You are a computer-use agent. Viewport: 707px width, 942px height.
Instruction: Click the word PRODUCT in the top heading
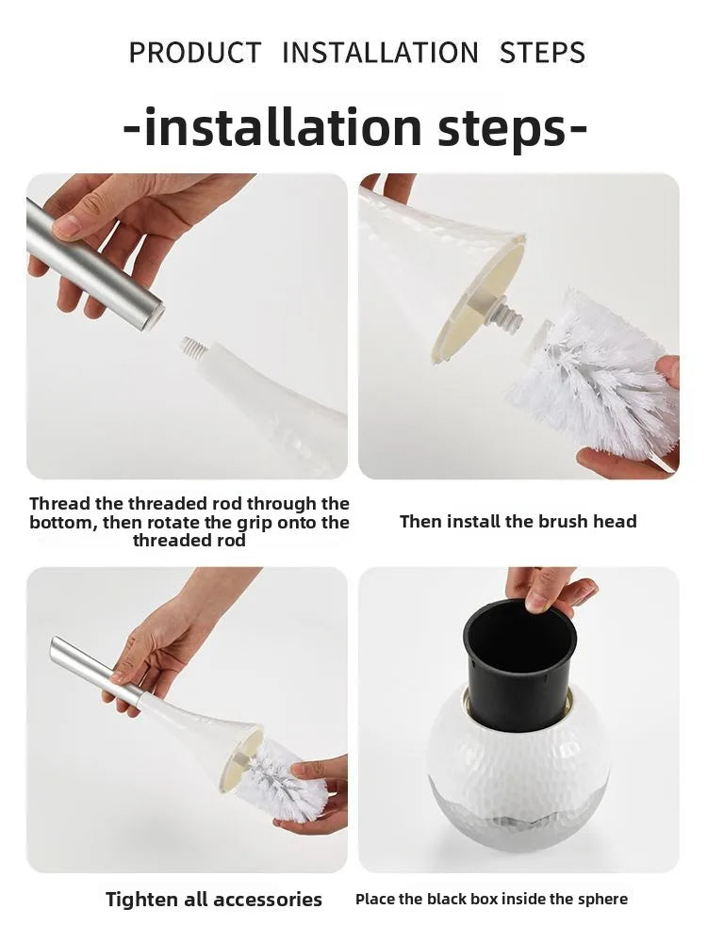[x=194, y=53]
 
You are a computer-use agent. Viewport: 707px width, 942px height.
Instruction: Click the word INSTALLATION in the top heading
[x=380, y=53]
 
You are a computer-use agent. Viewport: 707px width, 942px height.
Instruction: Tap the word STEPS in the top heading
[x=542, y=53]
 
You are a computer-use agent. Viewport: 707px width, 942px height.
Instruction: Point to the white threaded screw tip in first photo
[x=193, y=349]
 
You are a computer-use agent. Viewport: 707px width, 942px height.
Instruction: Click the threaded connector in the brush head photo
[x=504, y=313]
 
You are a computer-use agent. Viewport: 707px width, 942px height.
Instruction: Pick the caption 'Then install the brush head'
[x=518, y=521]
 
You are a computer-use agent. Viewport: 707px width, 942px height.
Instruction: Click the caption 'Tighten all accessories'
[x=214, y=900]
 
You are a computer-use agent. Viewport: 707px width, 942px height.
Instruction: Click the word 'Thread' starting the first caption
[x=57, y=504]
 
